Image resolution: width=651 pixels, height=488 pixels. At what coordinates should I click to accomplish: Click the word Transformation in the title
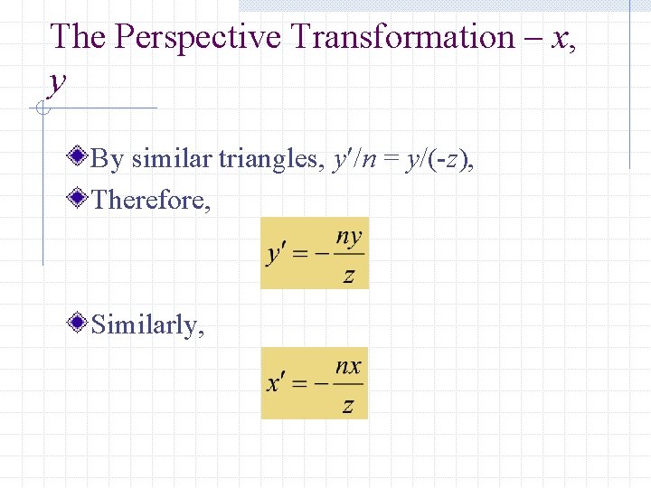[402, 37]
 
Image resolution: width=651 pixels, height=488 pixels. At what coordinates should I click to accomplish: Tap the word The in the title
[80, 37]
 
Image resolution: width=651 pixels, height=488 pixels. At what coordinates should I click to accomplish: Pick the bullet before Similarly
[80, 322]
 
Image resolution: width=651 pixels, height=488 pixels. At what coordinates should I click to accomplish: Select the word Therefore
[151, 199]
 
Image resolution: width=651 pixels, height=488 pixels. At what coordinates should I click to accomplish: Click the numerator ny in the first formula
[349, 239]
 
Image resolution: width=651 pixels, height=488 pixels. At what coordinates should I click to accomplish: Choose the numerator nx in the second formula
[348, 367]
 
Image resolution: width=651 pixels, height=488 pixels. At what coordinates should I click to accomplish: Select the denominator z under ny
[349, 275]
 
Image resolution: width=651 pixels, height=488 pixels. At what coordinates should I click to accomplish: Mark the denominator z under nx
[348, 404]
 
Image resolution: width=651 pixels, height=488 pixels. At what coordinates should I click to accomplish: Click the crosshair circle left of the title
[41, 109]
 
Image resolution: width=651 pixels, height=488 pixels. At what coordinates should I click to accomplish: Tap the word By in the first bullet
[108, 160]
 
